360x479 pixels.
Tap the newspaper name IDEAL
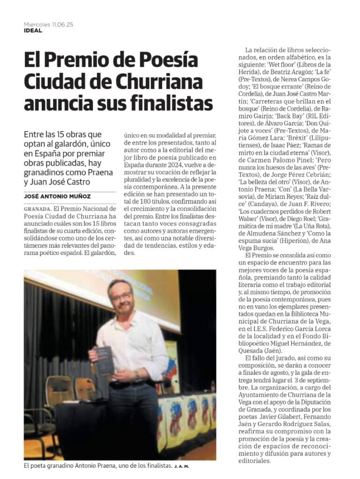(x=33, y=31)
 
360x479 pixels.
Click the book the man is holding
(x=104, y=360)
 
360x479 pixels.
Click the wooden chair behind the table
(x=60, y=388)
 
